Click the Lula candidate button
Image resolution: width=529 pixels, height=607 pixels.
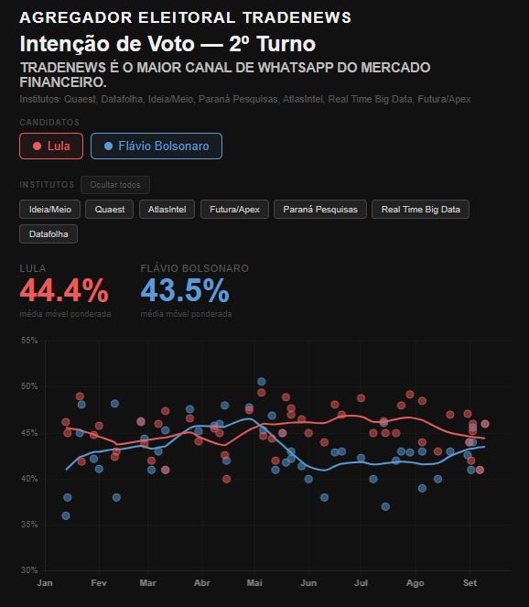click(51, 146)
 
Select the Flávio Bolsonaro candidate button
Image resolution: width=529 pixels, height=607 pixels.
click(157, 146)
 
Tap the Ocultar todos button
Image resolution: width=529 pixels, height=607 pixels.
click(115, 185)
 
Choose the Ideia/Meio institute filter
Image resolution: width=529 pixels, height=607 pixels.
click(50, 210)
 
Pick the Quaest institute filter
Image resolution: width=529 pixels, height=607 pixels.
click(110, 210)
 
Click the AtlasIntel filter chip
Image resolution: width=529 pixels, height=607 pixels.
click(167, 210)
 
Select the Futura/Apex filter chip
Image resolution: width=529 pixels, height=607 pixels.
click(234, 210)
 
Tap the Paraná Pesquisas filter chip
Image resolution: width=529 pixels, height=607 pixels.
click(320, 210)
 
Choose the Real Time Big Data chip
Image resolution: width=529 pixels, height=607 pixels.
click(421, 210)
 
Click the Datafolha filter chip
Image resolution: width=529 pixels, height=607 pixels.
click(49, 234)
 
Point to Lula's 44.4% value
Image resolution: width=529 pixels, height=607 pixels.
click(64, 290)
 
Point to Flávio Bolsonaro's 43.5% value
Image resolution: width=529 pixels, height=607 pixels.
click(185, 290)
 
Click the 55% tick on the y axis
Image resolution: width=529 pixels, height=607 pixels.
click(29, 341)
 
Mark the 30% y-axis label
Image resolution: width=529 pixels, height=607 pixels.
click(29, 569)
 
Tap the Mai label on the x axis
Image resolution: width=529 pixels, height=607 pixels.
click(254, 582)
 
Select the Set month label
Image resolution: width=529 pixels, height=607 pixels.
click(470, 582)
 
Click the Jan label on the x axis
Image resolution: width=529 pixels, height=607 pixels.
click(45, 582)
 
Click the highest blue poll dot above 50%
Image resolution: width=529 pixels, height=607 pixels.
click(262, 382)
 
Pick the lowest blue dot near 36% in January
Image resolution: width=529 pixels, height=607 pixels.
click(66, 515)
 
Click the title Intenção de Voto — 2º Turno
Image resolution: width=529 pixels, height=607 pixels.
click(167, 44)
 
